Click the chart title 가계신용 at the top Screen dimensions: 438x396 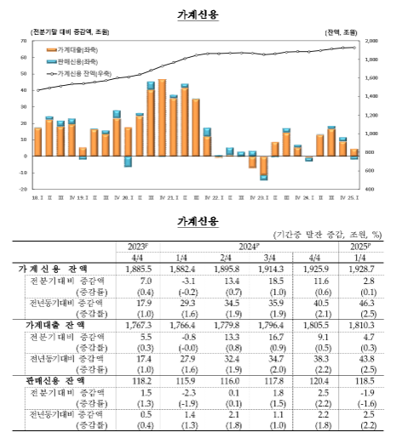pyautogui.click(x=198, y=14)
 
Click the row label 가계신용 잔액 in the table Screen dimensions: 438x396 pyautogui.click(x=54, y=268)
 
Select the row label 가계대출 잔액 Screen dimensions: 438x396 pyautogui.click(x=54, y=325)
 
